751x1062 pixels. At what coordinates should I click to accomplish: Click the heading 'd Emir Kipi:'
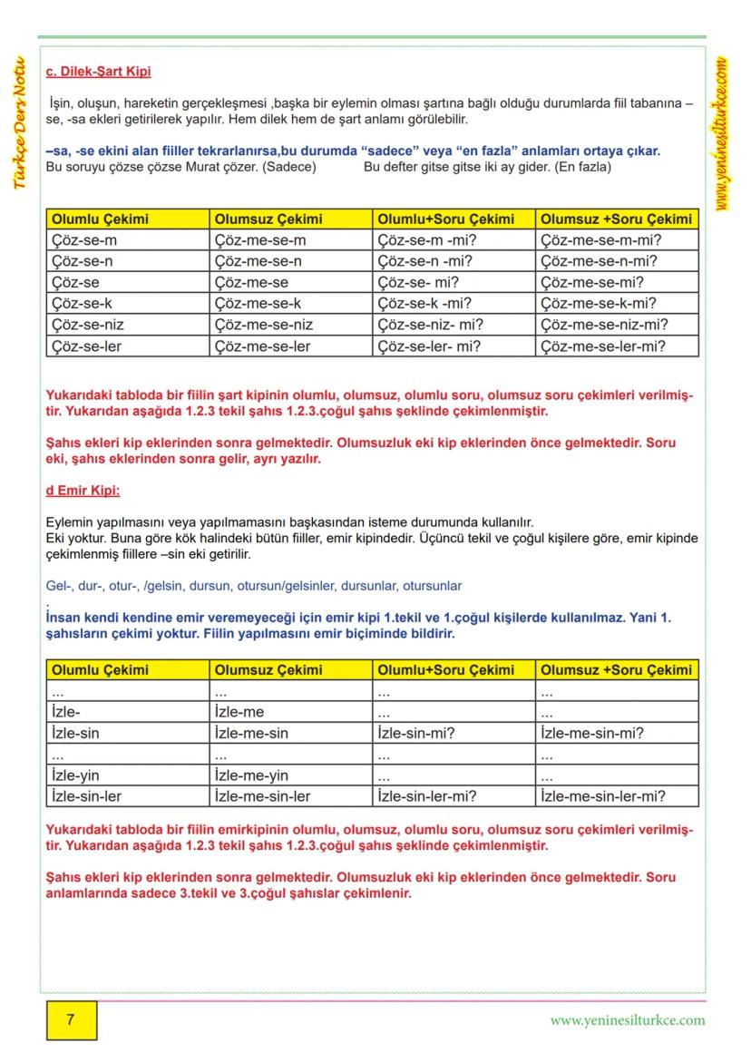click(83, 491)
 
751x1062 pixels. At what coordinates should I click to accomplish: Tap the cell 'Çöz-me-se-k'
click(258, 304)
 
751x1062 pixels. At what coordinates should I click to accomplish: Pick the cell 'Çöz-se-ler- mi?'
click(429, 346)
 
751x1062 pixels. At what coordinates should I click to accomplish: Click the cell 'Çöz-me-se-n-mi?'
click(599, 261)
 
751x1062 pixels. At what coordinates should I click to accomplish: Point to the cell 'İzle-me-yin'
click(251, 775)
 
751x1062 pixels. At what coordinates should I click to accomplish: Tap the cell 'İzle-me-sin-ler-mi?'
click(602, 796)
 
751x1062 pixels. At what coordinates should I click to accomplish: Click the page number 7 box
click(71, 1019)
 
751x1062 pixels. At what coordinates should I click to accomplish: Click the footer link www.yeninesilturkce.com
click(627, 1019)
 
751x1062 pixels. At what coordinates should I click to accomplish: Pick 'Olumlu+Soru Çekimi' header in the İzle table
click(445, 669)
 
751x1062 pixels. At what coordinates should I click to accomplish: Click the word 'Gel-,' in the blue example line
click(60, 586)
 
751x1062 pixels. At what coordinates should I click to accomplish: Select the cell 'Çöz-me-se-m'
click(260, 240)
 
